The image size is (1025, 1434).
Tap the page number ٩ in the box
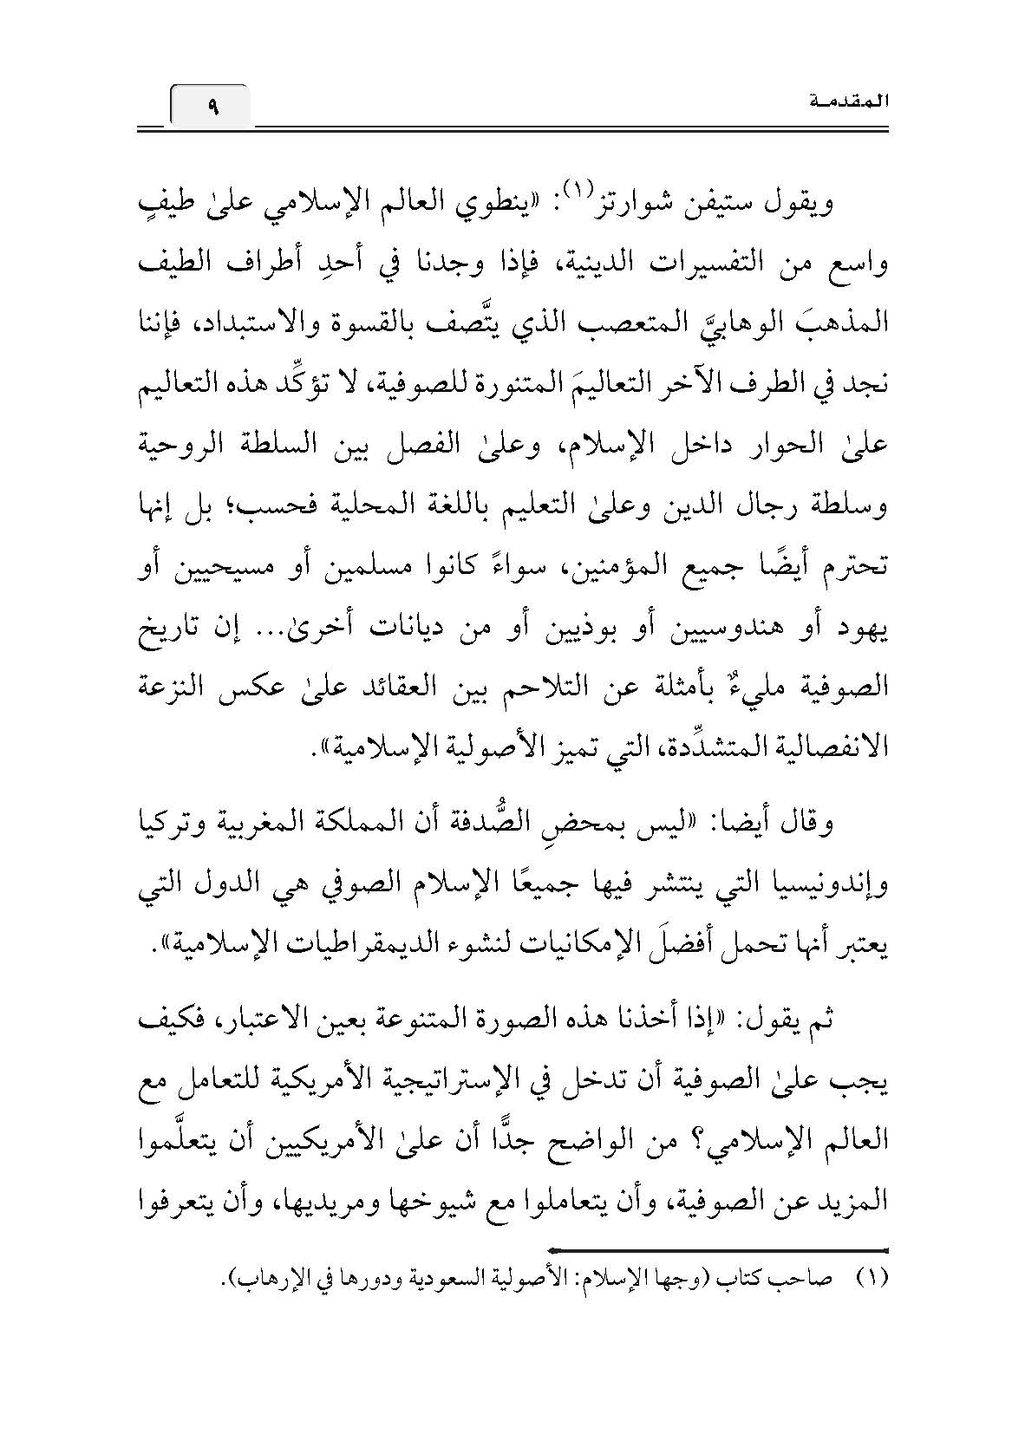212,108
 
